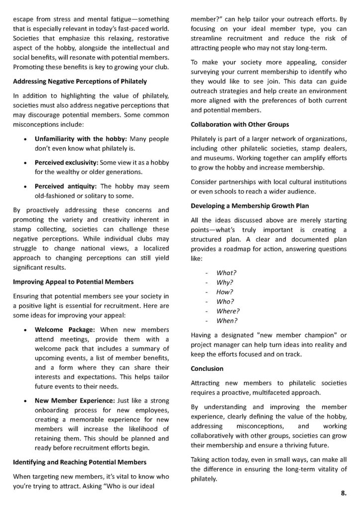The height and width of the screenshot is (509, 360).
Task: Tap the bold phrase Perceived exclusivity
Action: pyautogui.click(x=66, y=163)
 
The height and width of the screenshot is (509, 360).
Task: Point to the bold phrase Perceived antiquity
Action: pyautogui.click(x=63, y=186)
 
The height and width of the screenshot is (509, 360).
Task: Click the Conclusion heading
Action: pyautogui.click(x=207, y=369)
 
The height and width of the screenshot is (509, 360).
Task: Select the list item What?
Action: pyautogui.click(x=226, y=273)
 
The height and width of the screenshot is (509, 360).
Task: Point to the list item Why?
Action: pyautogui.click(x=225, y=282)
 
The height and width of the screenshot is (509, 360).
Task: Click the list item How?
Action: pyautogui.click(x=225, y=292)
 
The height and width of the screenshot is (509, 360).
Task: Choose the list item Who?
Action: pyautogui.click(x=225, y=301)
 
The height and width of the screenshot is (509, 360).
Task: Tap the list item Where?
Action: pyautogui.click(x=228, y=311)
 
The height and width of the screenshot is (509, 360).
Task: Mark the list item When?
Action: pyautogui.click(x=227, y=320)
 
